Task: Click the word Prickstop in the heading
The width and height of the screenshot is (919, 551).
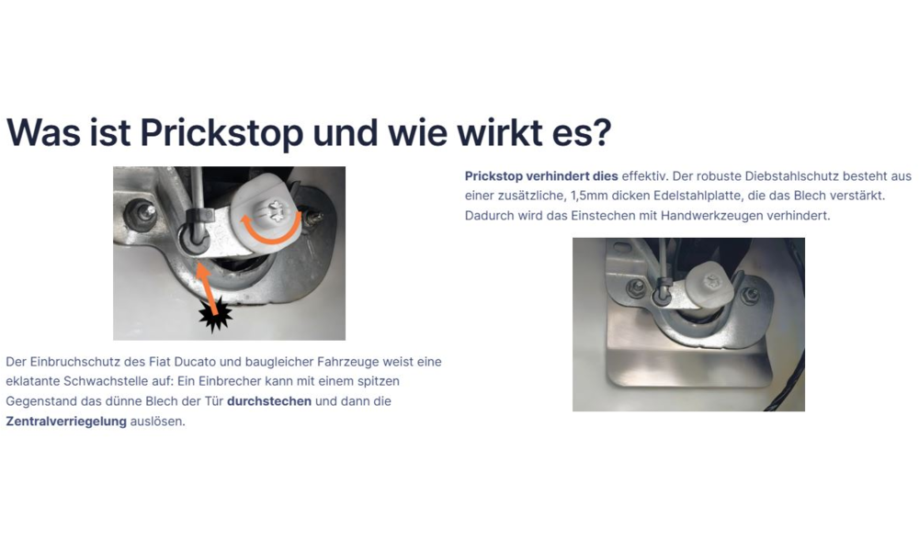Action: pyautogui.click(x=221, y=133)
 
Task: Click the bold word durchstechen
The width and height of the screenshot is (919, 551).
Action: pyautogui.click(x=269, y=401)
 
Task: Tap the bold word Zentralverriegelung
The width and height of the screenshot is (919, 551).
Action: pyautogui.click(x=66, y=421)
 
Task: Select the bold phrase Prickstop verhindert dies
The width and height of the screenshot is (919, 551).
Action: pyautogui.click(x=541, y=176)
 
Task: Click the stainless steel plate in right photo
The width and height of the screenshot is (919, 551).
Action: pyautogui.click(x=688, y=357)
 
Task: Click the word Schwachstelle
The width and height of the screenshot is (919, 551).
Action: pyautogui.click(x=106, y=381)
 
